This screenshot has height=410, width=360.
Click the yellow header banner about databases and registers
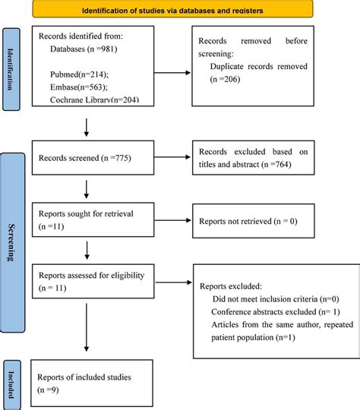tap(182, 10)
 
